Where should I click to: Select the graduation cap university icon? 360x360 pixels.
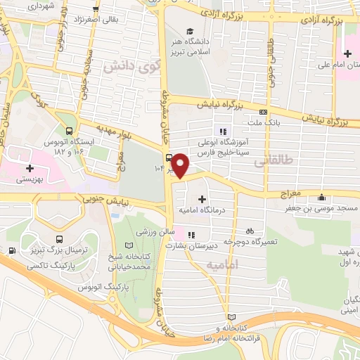(x=189, y=30)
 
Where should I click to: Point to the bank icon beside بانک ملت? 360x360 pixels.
(x=263, y=111)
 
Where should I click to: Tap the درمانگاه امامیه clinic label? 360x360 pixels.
(x=202, y=210)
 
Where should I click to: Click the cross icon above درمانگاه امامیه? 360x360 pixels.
(x=202, y=199)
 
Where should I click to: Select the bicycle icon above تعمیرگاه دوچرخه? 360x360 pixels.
(x=249, y=231)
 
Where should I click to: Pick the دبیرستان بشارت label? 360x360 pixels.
(x=191, y=247)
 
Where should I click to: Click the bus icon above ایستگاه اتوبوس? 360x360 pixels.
(x=69, y=131)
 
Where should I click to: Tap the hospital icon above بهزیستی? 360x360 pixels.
(x=30, y=169)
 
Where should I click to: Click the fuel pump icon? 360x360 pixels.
(x=12, y=251)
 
